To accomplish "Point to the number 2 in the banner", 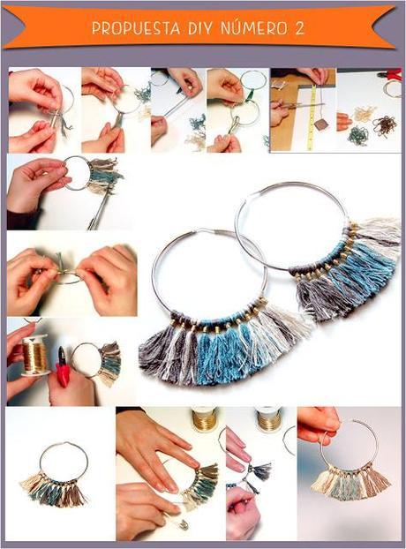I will pyautogui.click(x=300, y=28).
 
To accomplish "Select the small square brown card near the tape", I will pyautogui.click(x=322, y=124).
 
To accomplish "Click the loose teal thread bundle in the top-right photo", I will pyautogui.click(x=357, y=135).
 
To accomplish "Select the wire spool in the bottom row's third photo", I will pyautogui.click(x=267, y=417).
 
